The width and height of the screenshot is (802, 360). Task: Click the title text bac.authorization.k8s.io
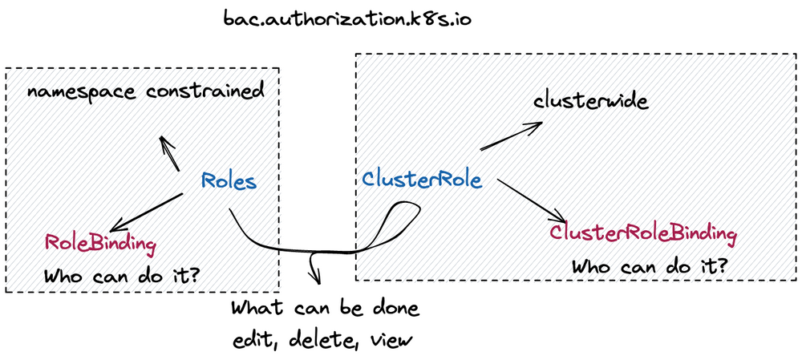[347, 18]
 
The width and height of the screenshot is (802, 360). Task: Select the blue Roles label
[229, 181]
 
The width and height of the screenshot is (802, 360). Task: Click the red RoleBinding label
[100, 242]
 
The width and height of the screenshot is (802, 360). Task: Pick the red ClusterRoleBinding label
[642, 234]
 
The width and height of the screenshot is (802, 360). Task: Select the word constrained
[205, 91]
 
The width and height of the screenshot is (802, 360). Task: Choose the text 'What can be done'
[325, 309]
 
